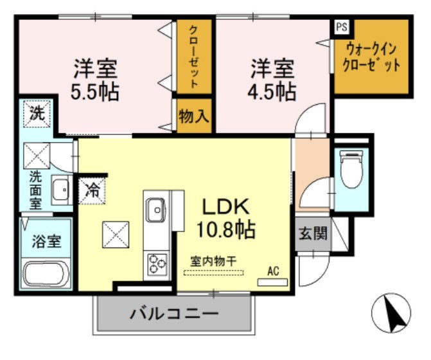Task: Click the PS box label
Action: pyautogui.click(x=340, y=27)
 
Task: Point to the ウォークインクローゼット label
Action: pyautogui.click(x=372, y=57)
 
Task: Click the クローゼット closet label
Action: pyautogui.click(x=193, y=56)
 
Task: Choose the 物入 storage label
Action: pyautogui.click(x=193, y=116)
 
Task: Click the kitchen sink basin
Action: pyautogui.click(x=155, y=209)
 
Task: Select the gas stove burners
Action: pyautogui.click(x=155, y=264)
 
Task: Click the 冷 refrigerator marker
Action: pyautogui.click(x=93, y=190)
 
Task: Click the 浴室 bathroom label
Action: pyautogui.click(x=46, y=242)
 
